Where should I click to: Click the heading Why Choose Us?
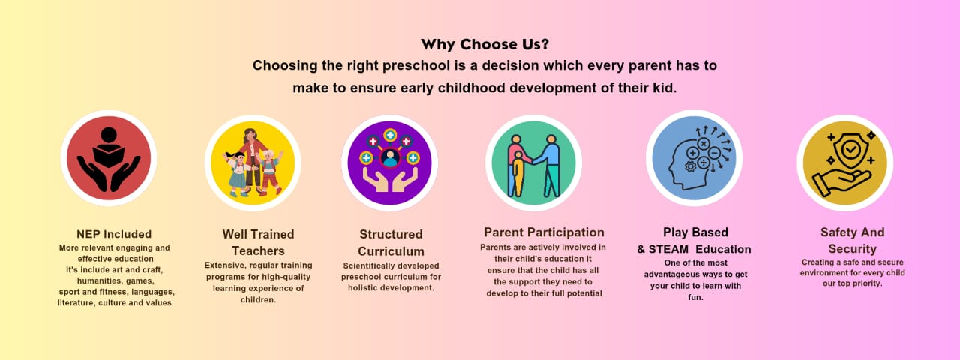(484, 44)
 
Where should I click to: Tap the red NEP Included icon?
(109, 158)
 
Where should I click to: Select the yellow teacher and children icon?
(253, 163)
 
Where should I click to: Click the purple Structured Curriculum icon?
(389, 163)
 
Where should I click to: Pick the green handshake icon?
(533, 163)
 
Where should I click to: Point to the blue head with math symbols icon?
(694, 158)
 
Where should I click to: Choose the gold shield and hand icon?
(845, 163)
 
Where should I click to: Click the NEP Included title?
(114, 234)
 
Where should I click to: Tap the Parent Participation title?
(544, 232)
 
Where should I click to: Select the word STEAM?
(668, 249)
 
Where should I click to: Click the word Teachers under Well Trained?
(259, 250)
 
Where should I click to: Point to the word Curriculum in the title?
(391, 251)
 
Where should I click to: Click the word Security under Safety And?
(853, 249)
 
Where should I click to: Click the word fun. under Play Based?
(695, 297)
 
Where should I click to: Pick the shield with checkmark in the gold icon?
(850, 149)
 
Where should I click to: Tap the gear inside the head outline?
(690, 166)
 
